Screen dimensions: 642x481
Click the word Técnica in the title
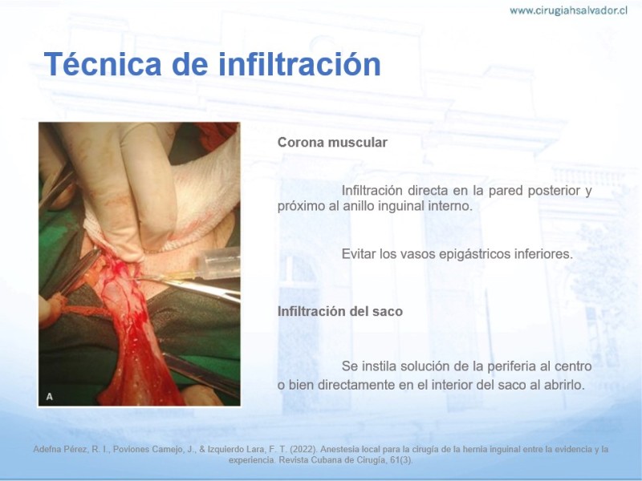(103, 64)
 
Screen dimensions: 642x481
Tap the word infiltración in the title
(299, 64)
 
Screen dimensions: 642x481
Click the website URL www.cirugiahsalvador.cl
(568, 10)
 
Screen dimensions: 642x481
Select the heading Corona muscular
(332, 143)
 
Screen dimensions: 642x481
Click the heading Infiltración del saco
(340, 311)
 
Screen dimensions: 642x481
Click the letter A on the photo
(49, 396)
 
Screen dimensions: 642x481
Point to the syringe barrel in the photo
(218, 264)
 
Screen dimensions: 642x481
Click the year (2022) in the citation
(303, 449)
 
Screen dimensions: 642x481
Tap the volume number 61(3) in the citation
(403, 459)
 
